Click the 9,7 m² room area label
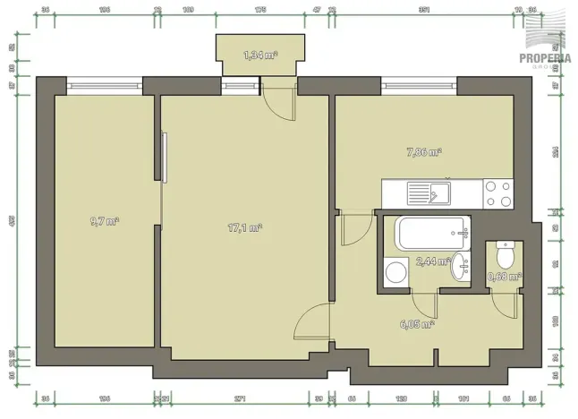[105, 221]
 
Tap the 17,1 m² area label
[243, 227]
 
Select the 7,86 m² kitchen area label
[422, 153]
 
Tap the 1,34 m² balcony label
[260, 56]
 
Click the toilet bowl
[505, 256]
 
